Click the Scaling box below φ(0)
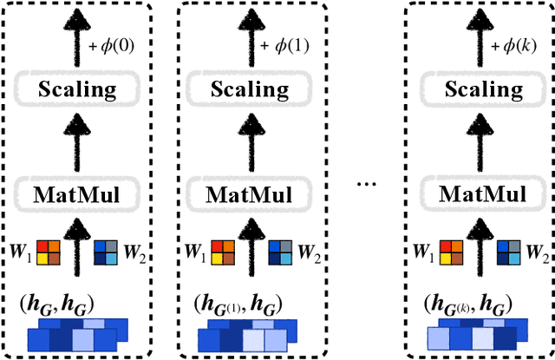[x=78, y=88]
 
